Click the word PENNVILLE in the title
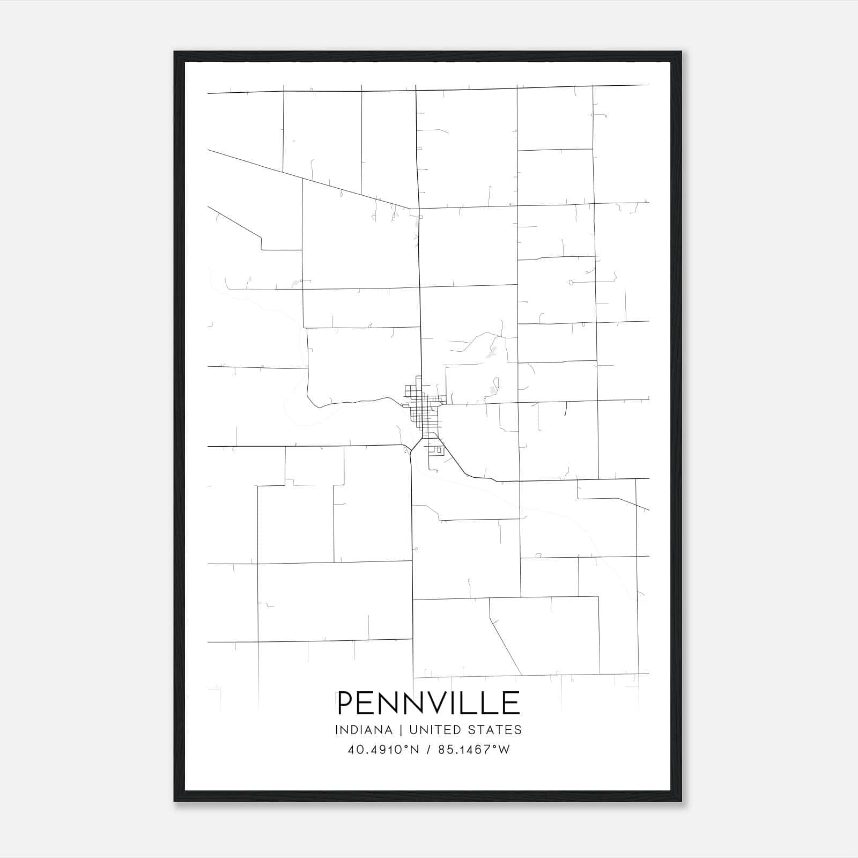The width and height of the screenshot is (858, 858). click(428, 703)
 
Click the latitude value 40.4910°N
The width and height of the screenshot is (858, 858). click(383, 750)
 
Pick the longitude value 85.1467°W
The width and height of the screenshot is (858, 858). click(474, 750)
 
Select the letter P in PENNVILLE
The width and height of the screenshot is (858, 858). click(346, 703)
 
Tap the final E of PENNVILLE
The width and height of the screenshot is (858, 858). click(511, 703)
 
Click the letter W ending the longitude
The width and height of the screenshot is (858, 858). click(504, 750)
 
